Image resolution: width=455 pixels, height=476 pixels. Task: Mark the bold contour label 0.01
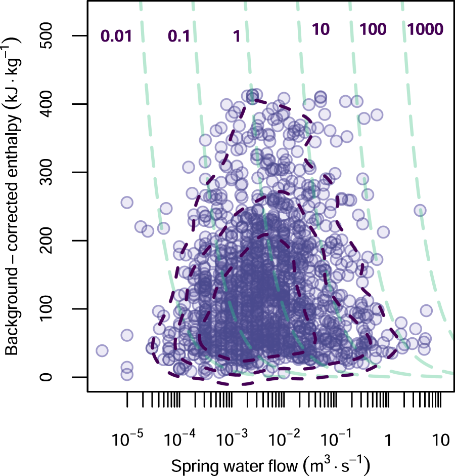coord(116,36)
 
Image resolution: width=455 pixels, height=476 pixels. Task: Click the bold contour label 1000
coord(425,29)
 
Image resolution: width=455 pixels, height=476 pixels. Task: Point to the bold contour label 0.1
coord(179,36)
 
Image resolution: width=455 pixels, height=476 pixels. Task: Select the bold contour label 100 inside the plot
coord(373,29)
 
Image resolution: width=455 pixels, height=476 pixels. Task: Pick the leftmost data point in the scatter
coord(102,350)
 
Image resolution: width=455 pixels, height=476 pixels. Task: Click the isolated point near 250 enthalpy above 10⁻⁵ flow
coord(126,203)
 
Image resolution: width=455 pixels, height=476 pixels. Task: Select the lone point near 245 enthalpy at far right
coord(420,210)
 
